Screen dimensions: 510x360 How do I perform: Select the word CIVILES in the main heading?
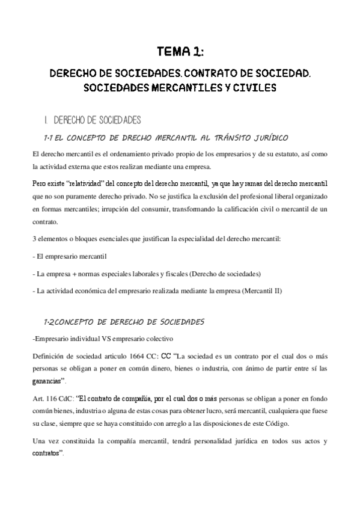[x=254, y=88]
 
